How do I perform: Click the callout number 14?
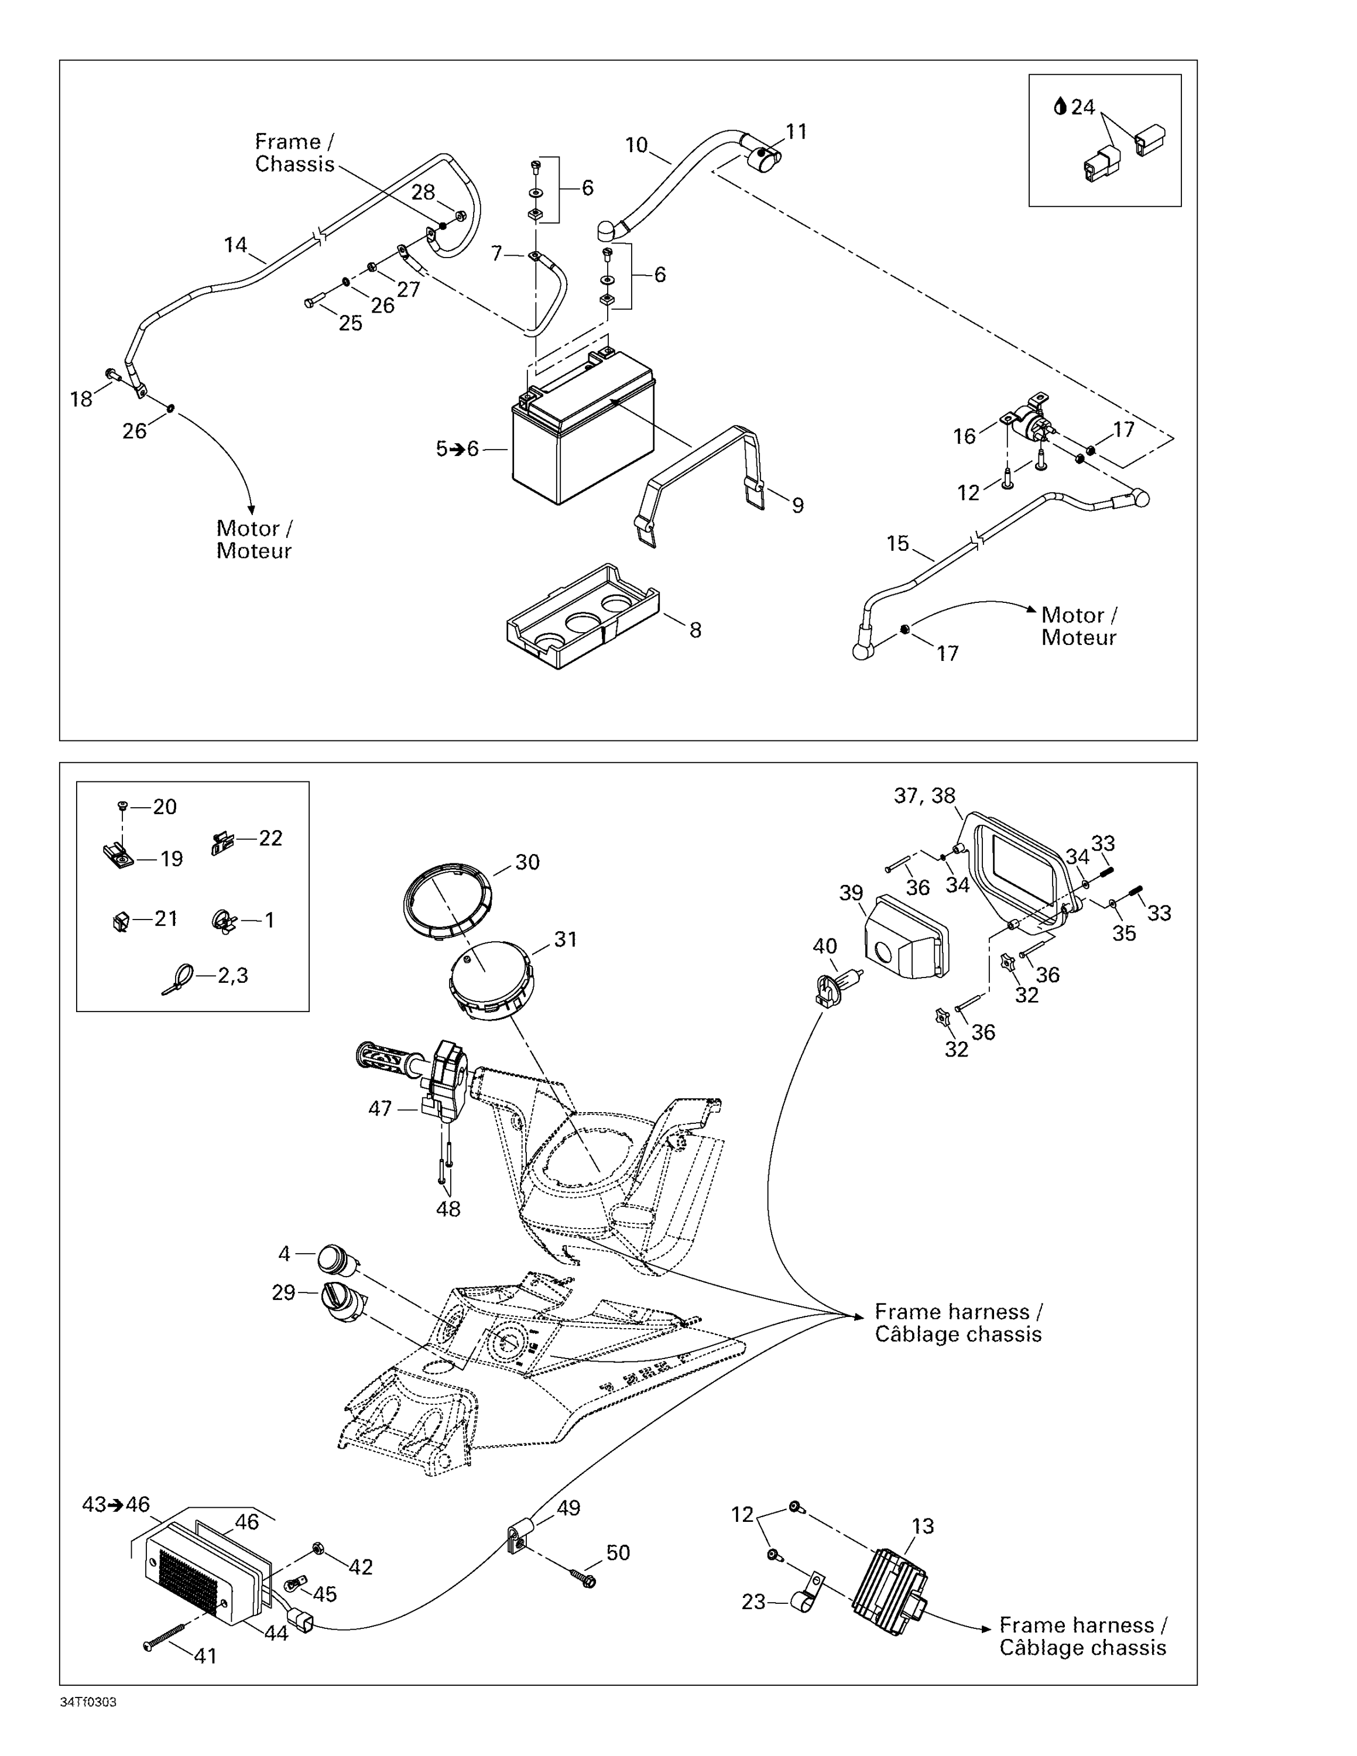(x=235, y=245)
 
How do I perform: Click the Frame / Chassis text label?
(x=294, y=153)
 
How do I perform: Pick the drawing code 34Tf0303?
(x=88, y=1703)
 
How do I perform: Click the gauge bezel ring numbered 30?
(x=447, y=900)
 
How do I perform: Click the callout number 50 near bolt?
(x=618, y=1552)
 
